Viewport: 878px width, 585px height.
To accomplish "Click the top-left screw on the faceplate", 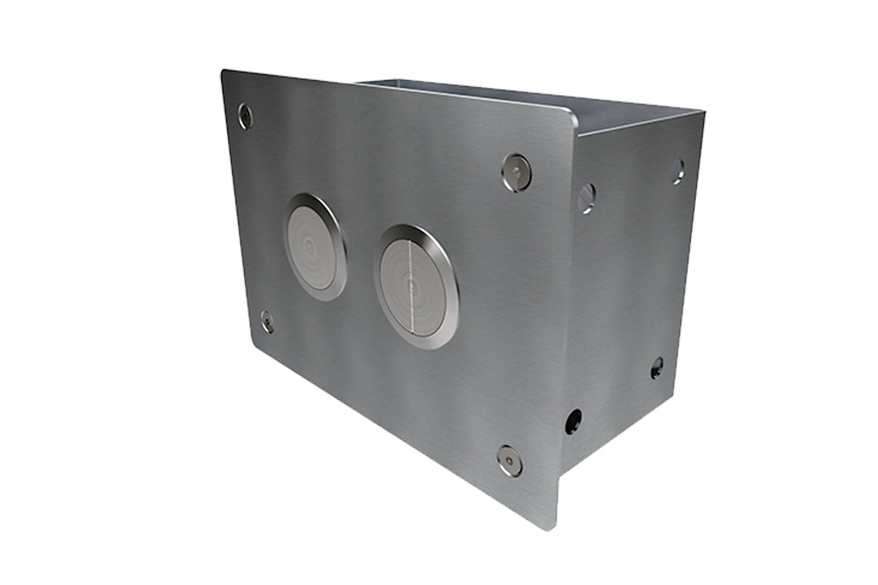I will [x=245, y=116].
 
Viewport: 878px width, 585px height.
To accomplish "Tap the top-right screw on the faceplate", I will [x=516, y=172].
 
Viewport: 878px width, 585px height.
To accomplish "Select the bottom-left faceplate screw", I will [x=266, y=321].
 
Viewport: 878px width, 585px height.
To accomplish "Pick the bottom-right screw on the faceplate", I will [x=509, y=460].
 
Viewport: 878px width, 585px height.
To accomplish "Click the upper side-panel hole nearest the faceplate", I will [x=586, y=197].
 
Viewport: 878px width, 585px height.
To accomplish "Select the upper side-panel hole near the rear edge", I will [x=677, y=171].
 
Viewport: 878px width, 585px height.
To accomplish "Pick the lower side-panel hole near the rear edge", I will [x=657, y=367].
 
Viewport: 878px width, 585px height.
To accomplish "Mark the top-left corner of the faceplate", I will [x=224, y=72].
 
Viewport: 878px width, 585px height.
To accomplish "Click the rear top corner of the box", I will [x=702, y=112].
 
